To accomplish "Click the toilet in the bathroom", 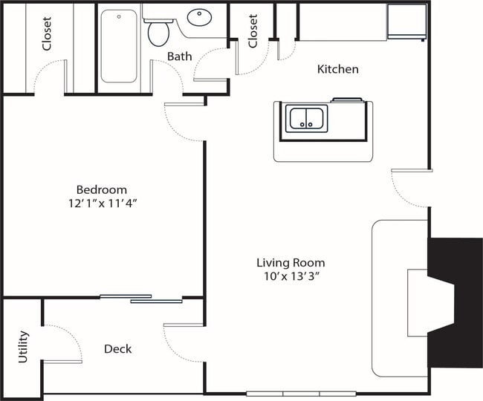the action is tap(158, 33).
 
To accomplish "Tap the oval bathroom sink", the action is tap(199, 17).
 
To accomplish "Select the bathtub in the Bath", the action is tap(119, 46).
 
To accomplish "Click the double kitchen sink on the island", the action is tap(306, 119).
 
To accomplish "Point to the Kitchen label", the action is tap(338, 69).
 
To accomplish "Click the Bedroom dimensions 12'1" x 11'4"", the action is tap(103, 203).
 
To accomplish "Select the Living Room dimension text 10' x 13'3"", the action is tap(291, 276).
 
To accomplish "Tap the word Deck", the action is tap(117, 349).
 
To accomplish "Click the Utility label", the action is tap(23, 347).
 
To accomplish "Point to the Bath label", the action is tap(180, 56).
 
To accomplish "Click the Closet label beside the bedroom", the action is tap(47, 33).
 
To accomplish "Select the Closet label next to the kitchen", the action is tap(253, 31).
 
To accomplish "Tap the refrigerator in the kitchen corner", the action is tap(406, 22).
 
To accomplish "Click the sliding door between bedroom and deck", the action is tap(141, 299).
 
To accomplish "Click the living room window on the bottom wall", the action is tap(301, 394).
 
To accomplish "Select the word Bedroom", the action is tap(102, 189).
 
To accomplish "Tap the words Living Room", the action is tap(291, 263).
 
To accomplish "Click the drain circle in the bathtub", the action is tap(119, 16).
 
